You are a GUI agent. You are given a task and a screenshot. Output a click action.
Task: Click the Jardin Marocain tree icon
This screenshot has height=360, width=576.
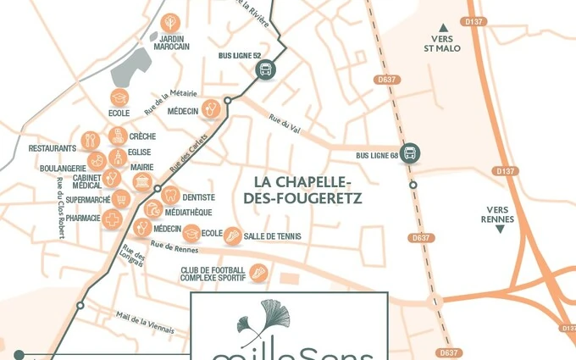point(169,22)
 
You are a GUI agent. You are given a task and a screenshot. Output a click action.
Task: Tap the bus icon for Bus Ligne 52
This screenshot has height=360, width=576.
point(265,70)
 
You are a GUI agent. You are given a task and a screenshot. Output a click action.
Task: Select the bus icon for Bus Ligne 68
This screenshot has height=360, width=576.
point(410,153)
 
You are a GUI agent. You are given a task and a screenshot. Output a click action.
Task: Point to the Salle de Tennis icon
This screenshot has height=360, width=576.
point(232,236)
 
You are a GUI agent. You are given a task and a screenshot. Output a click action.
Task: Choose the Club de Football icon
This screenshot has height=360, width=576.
point(258,273)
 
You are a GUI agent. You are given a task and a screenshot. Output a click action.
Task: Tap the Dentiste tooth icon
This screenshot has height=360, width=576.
point(169,196)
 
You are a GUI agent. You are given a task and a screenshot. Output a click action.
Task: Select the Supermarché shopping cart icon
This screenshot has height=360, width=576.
point(122,200)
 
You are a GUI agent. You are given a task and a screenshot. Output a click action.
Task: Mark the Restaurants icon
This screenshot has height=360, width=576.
point(91,141)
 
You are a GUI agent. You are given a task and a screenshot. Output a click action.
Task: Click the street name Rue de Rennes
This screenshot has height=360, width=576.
point(173,247)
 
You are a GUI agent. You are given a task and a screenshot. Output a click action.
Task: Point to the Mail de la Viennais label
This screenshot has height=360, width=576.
point(146,324)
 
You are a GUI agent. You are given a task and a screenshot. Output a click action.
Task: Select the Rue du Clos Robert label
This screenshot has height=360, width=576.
point(60,208)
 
